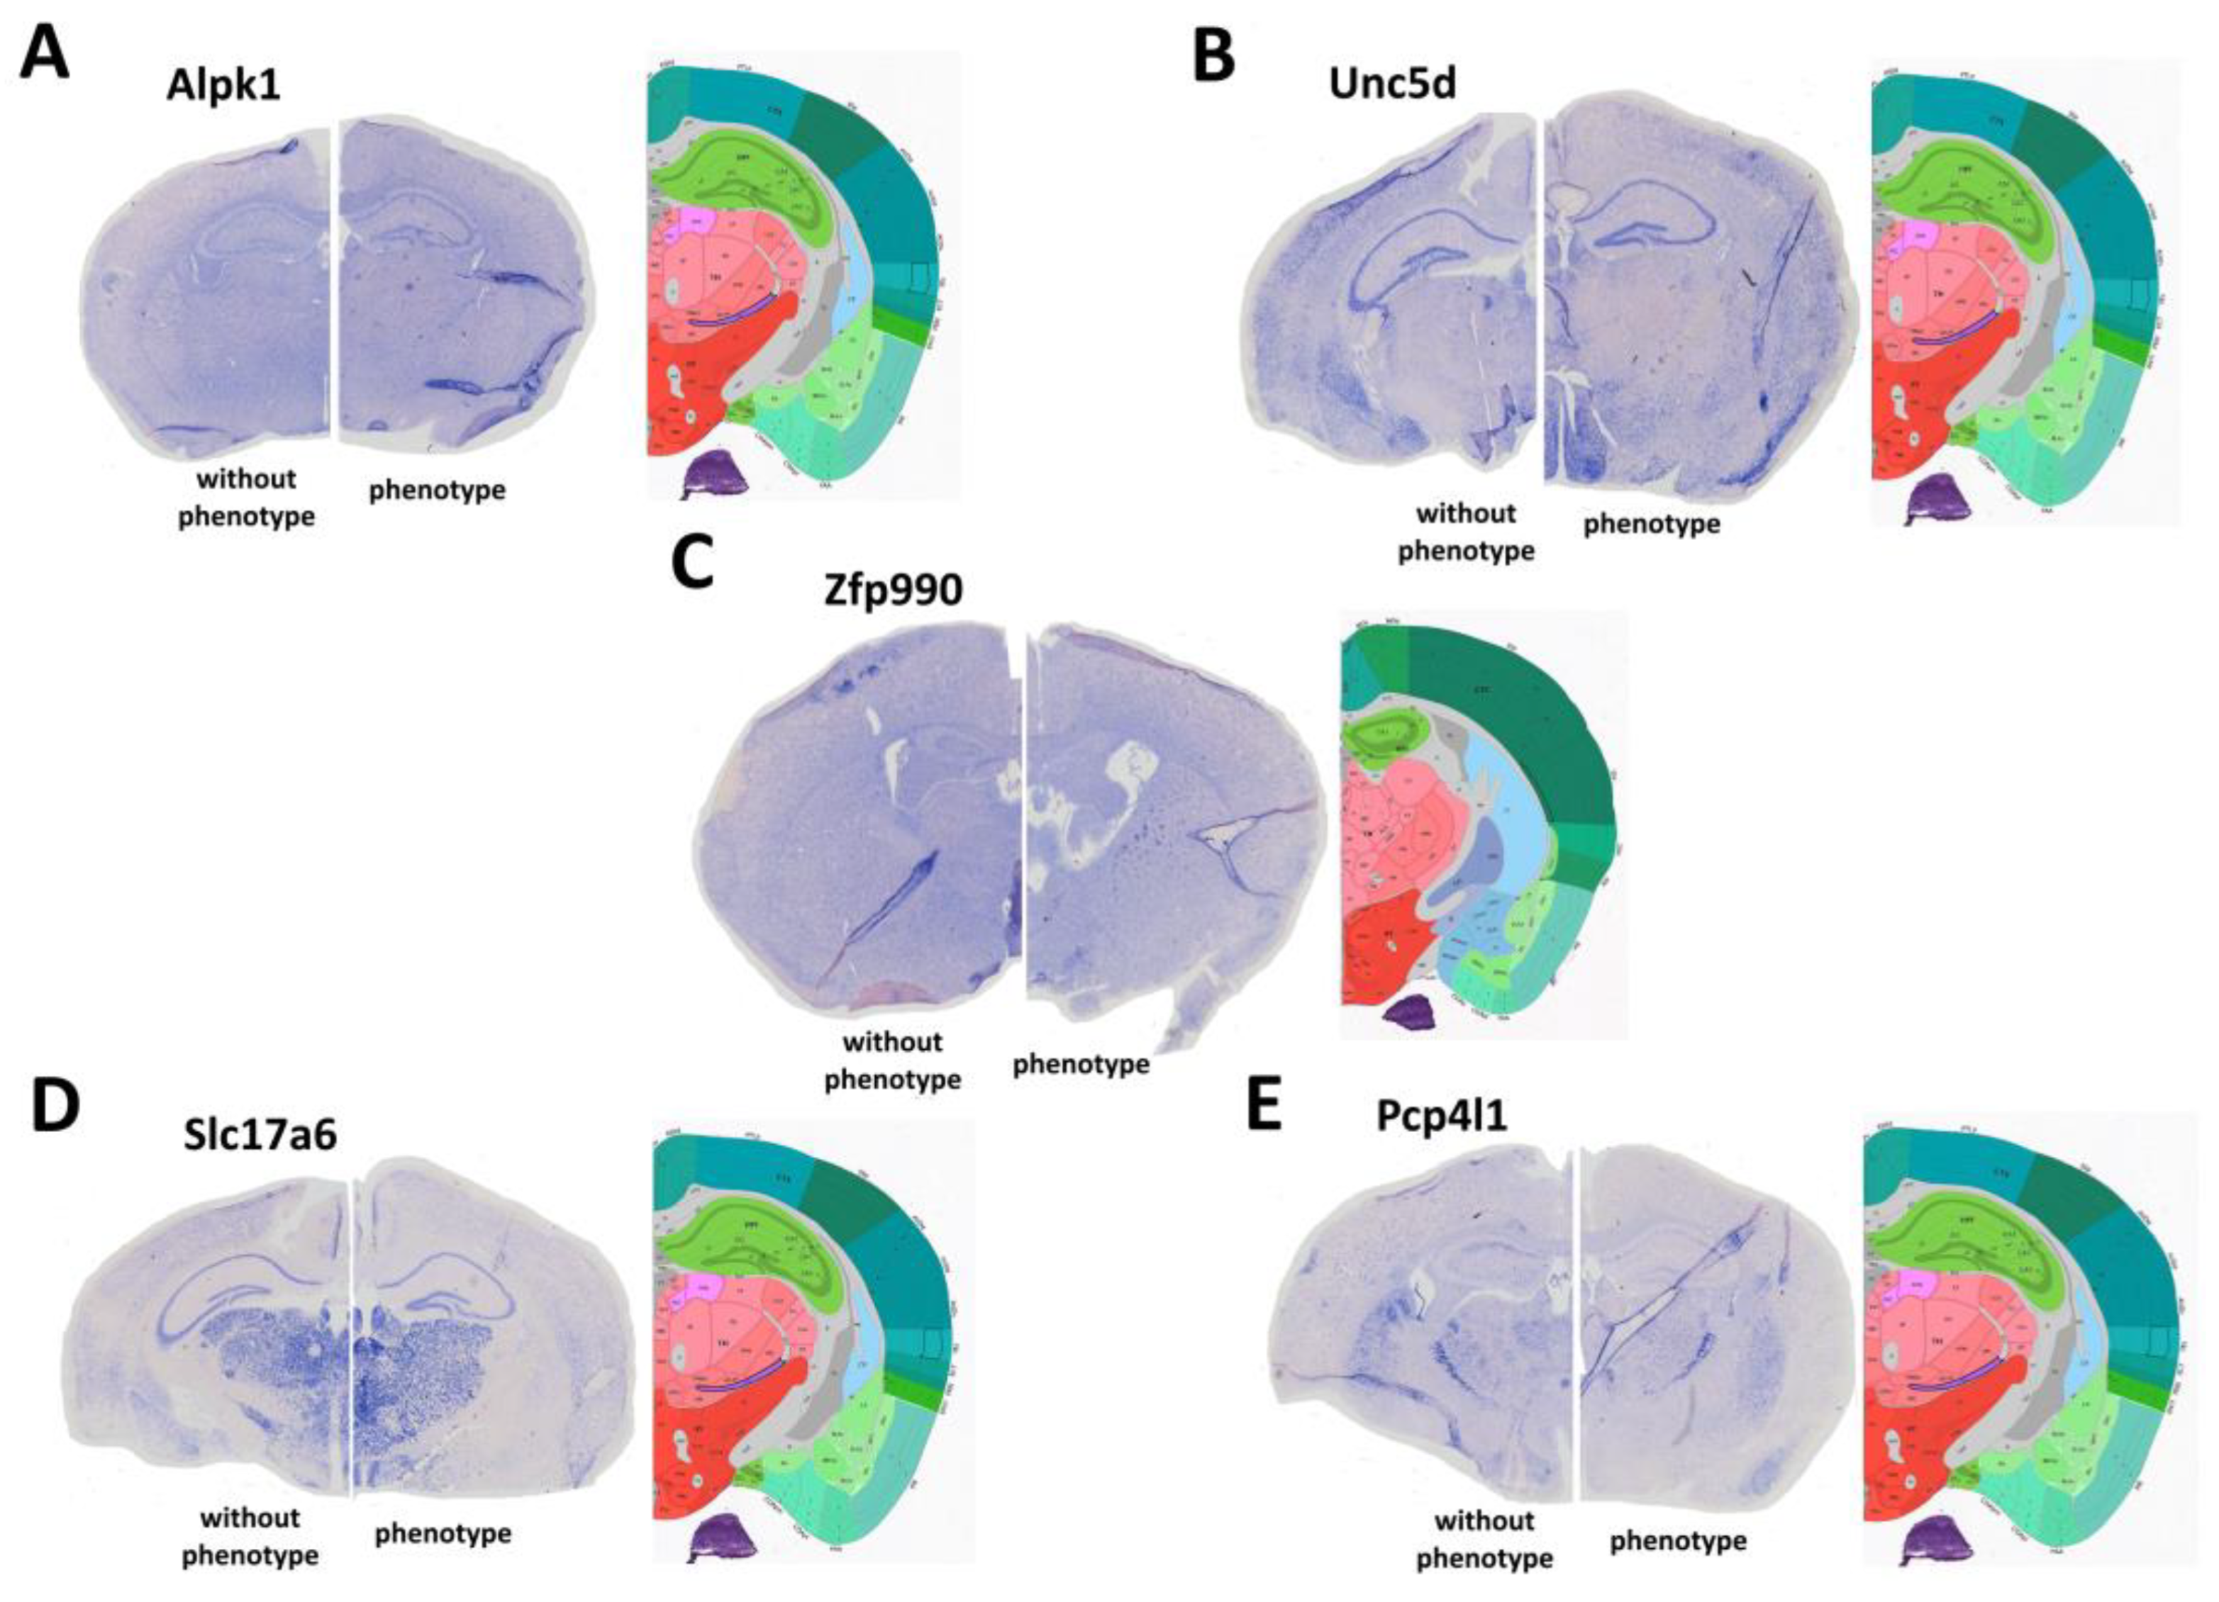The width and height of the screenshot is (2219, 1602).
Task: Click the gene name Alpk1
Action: [223, 86]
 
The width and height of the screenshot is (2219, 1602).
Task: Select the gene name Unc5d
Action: [1392, 84]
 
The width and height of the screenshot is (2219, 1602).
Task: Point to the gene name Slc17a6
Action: [260, 1134]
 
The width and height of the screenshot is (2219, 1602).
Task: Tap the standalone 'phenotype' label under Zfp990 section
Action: [1080, 1063]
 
